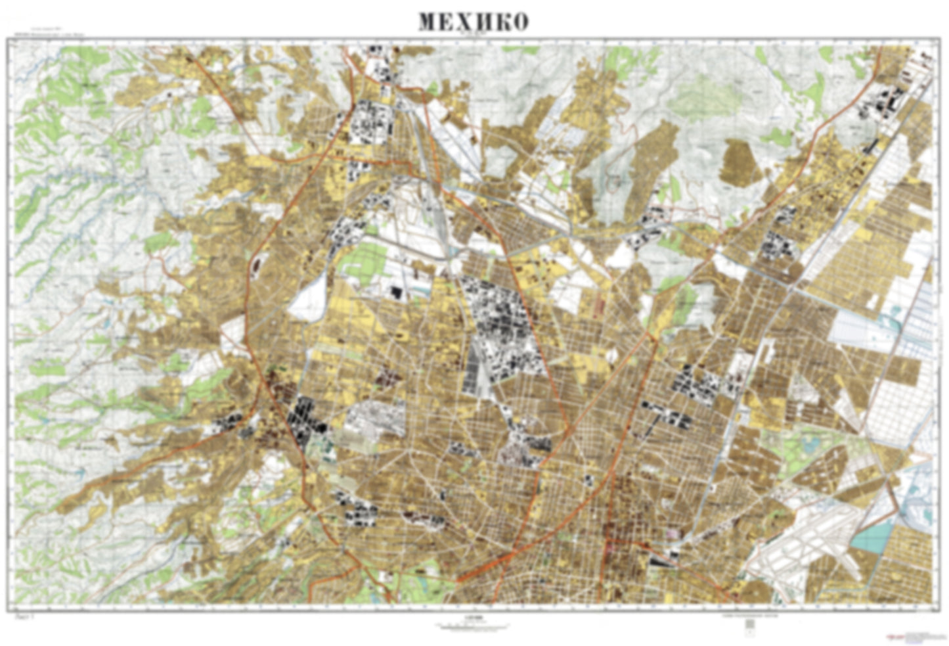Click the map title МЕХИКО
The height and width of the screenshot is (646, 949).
(473, 22)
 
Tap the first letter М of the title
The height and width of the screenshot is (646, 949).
(428, 22)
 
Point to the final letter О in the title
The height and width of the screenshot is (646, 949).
(519, 22)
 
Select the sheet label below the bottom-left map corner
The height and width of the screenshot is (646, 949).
(22, 617)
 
